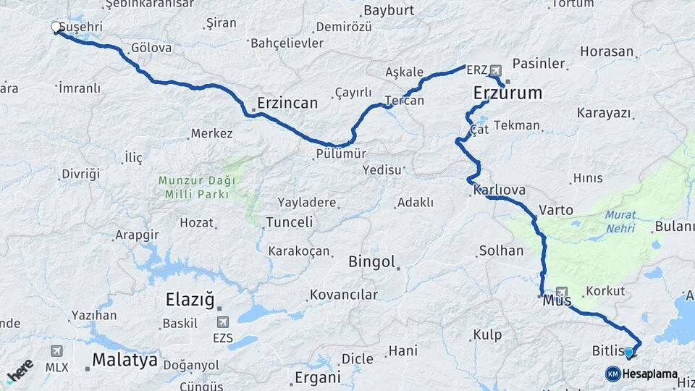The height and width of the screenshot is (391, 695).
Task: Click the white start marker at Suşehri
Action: [x=56, y=28]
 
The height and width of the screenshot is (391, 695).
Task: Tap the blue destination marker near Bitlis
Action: [x=628, y=353]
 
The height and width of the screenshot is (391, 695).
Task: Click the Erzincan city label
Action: [x=287, y=103]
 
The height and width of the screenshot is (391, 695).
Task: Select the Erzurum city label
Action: [x=507, y=93]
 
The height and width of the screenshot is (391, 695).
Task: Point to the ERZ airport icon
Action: [x=496, y=70]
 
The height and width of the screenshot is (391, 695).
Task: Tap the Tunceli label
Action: [x=289, y=222]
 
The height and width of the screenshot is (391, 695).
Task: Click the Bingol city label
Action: [x=371, y=261]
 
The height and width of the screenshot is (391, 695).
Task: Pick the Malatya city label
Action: [x=125, y=361]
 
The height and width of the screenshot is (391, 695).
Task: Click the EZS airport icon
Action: [x=222, y=321]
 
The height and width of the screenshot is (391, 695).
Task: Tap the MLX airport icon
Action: [x=56, y=351]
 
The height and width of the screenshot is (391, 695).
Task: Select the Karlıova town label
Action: [x=499, y=190]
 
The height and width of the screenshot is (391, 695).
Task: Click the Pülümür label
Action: [x=341, y=154]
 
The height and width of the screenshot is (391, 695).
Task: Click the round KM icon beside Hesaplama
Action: [x=613, y=374]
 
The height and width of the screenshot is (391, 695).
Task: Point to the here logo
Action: [x=20, y=371]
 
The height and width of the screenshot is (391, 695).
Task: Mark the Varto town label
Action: [x=556, y=210]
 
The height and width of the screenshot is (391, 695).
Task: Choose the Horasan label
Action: [x=606, y=52]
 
